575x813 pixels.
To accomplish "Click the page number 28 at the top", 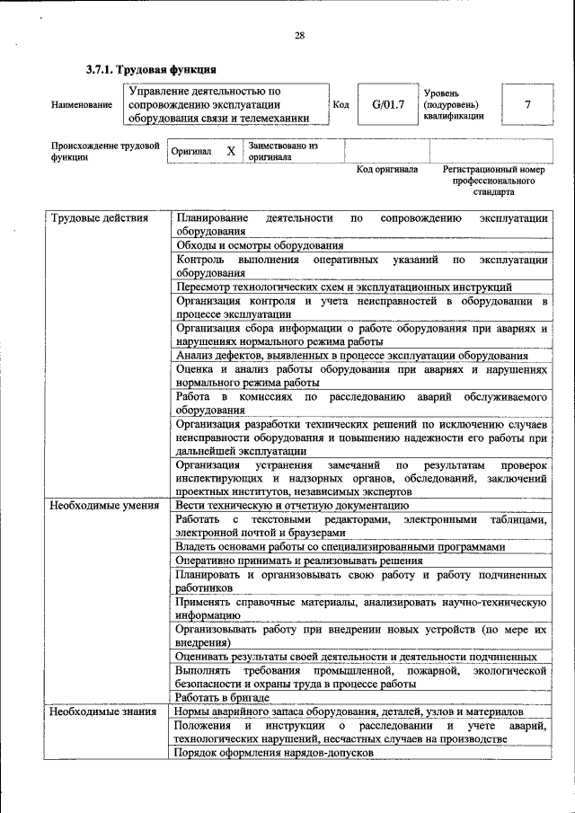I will click(299, 36).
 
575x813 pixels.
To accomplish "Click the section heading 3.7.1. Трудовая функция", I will click(151, 69).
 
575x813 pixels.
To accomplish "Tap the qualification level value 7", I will click(527, 104).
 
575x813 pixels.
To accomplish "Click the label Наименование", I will click(82, 105).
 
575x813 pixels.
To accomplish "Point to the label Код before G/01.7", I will click(341, 104).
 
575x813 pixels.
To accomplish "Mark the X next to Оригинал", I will click(230, 151).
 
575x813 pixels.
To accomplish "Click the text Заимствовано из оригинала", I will click(283, 150).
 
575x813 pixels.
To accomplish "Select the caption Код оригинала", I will click(386, 169).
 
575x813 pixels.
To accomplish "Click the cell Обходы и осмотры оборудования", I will click(260, 245).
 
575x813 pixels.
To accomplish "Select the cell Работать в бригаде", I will click(222, 697).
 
